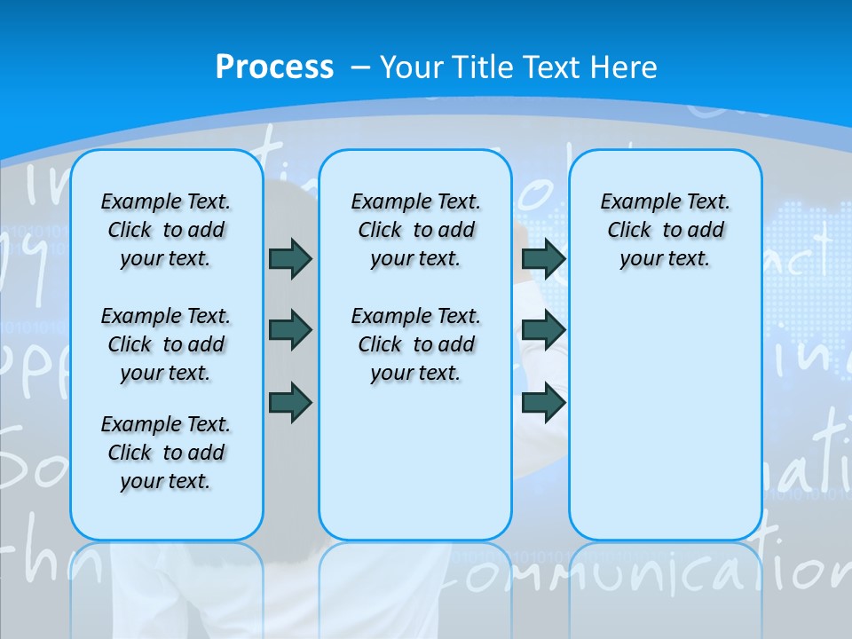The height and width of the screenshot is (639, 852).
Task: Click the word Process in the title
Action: point(274,67)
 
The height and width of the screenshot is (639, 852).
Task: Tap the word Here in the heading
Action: point(625,67)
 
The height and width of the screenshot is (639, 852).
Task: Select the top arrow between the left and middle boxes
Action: point(290,258)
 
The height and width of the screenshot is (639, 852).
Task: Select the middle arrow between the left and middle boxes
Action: point(290,330)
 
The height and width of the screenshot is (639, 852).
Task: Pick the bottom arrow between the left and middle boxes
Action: point(290,401)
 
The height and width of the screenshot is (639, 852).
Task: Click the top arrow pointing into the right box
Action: point(543,258)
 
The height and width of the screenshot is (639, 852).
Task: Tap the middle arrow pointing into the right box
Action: point(543,330)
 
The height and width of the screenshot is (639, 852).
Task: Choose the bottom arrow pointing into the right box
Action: point(543,401)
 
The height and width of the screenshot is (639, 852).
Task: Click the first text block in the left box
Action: point(166,230)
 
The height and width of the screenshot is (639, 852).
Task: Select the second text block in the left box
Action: point(166,344)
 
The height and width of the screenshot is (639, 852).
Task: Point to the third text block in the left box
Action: point(166,453)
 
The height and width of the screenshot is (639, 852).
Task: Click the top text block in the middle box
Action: point(415,230)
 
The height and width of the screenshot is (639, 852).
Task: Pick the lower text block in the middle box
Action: point(415,344)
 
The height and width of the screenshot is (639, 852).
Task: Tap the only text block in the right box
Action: point(665,230)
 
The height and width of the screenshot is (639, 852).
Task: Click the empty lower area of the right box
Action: point(665,417)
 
